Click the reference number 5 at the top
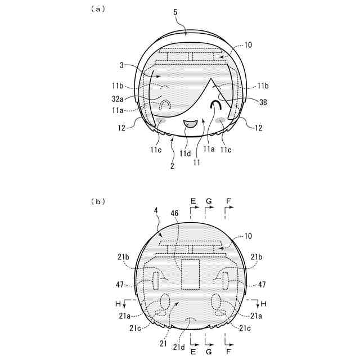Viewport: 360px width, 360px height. (x=175, y=12)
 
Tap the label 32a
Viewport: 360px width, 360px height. (x=118, y=99)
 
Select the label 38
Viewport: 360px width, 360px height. (x=263, y=102)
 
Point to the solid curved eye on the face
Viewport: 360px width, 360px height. (x=216, y=105)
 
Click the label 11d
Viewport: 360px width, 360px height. (x=185, y=154)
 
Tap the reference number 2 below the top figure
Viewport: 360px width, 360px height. (x=173, y=166)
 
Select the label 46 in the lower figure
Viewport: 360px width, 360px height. (x=174, y=213)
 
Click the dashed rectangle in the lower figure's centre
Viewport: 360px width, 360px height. (x=190, y=274)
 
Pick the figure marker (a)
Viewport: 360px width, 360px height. (x=98, y=9)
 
